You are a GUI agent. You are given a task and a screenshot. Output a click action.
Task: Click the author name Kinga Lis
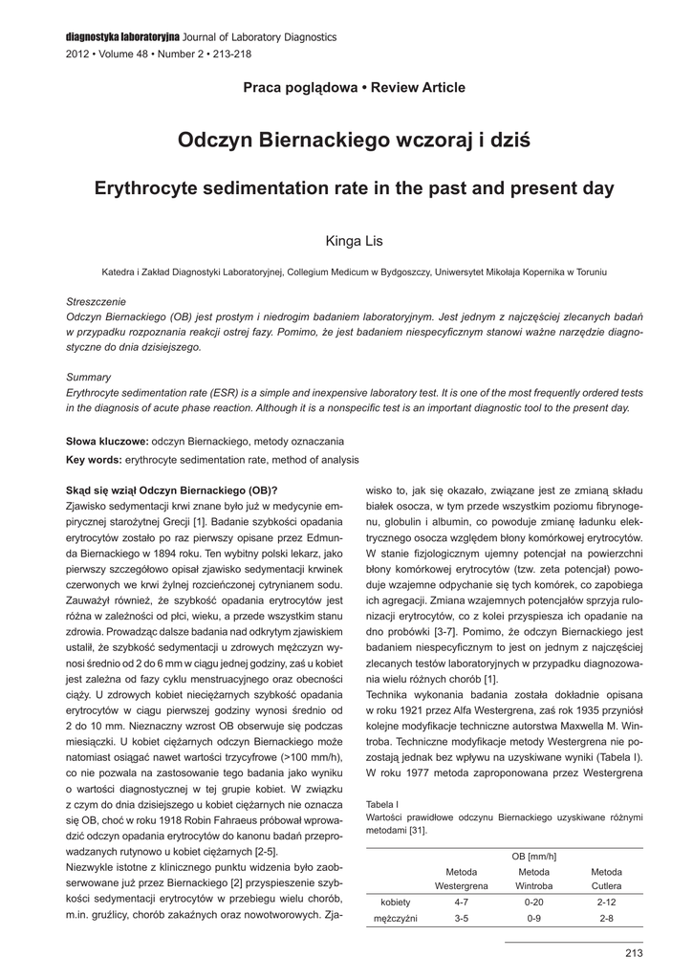(355, 240)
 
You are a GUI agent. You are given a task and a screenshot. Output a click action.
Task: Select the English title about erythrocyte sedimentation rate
(355, 188)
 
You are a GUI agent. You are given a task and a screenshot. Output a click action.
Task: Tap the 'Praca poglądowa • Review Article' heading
(355, 88)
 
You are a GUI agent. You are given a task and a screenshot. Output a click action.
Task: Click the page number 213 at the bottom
(633, 952)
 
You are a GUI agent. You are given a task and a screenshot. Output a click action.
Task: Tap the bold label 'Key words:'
(94, 460)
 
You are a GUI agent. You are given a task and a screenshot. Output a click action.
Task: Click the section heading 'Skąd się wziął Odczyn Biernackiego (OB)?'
(171, 489)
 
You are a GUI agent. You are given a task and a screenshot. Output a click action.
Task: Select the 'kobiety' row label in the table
(396, 902)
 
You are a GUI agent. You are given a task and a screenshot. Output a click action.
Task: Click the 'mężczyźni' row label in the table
(399, 919)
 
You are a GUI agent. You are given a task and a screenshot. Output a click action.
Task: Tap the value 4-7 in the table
(462, 902)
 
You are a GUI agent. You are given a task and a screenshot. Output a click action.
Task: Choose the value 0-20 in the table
(534, 902)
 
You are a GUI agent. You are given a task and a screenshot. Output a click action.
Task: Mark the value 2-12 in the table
(606, 902)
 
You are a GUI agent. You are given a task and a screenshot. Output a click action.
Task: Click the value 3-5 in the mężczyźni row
(462, 919)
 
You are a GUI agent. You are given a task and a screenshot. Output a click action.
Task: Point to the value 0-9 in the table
(534, 919)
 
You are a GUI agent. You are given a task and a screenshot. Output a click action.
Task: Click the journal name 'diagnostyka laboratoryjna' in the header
(121, 36)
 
